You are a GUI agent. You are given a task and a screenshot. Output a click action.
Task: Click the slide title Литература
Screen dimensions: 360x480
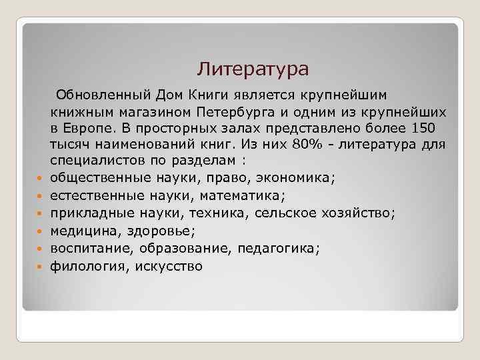[x=253, y=69]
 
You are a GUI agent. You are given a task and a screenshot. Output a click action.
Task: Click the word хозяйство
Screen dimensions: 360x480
[x=359, y=213]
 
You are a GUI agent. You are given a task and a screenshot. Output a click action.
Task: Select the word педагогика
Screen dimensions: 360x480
[x=283, y=249]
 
